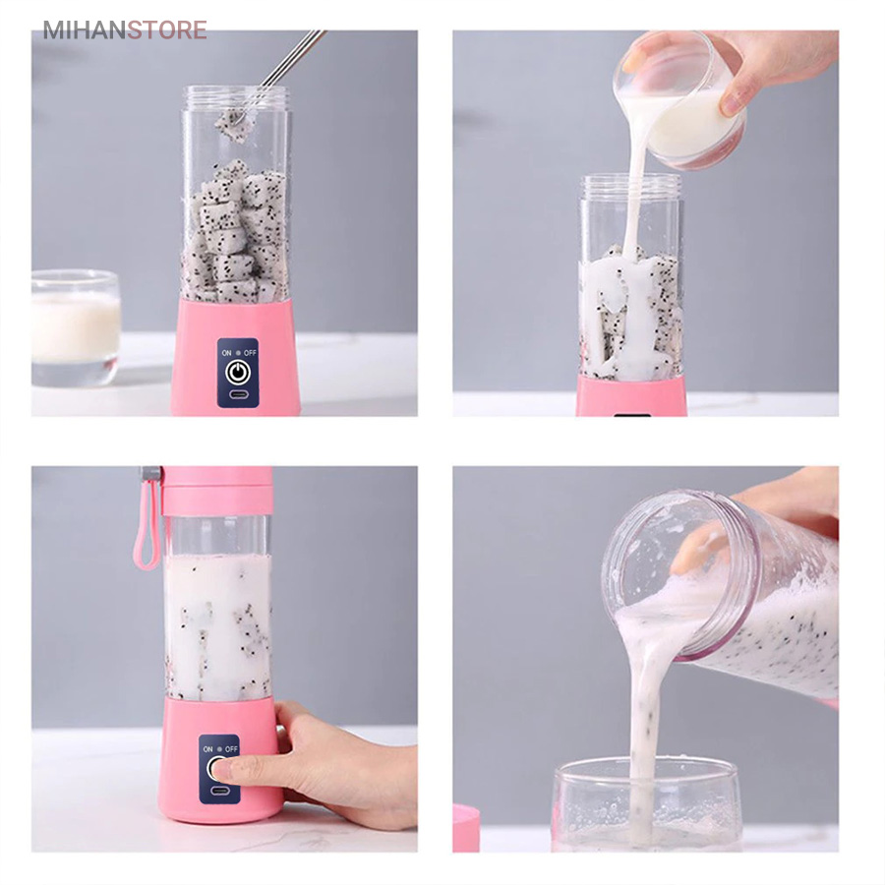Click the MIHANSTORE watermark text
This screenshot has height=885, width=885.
pos(124,29)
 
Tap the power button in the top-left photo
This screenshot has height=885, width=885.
pos(237,372)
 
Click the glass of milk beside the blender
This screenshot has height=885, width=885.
pos(75,328)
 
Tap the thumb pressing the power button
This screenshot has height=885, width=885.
pos(229,769)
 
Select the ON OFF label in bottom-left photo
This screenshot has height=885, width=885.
pos(219,748)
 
